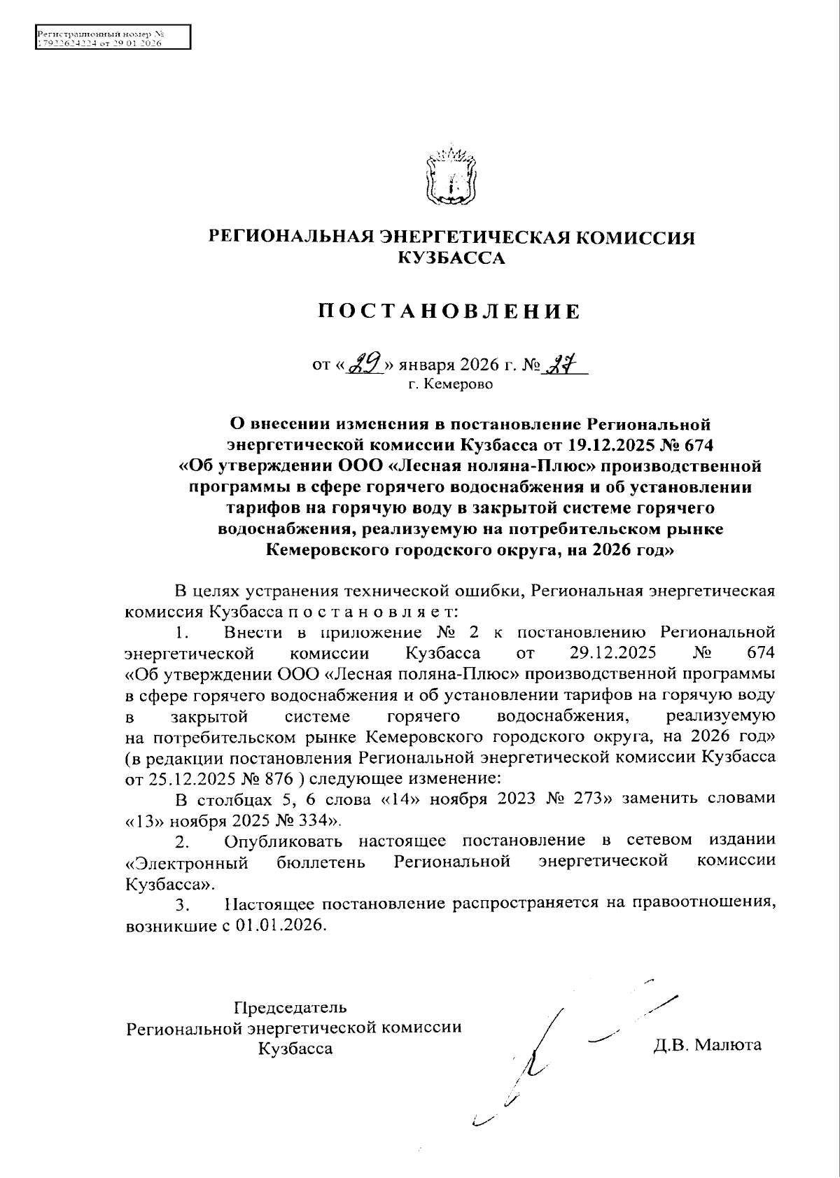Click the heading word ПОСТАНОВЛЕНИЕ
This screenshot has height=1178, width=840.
click(450, 311)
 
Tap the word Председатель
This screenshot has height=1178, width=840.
click(290, 1008)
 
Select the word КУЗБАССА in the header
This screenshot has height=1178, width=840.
click(450, 258)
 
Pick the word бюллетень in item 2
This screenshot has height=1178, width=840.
click(321, 861)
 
